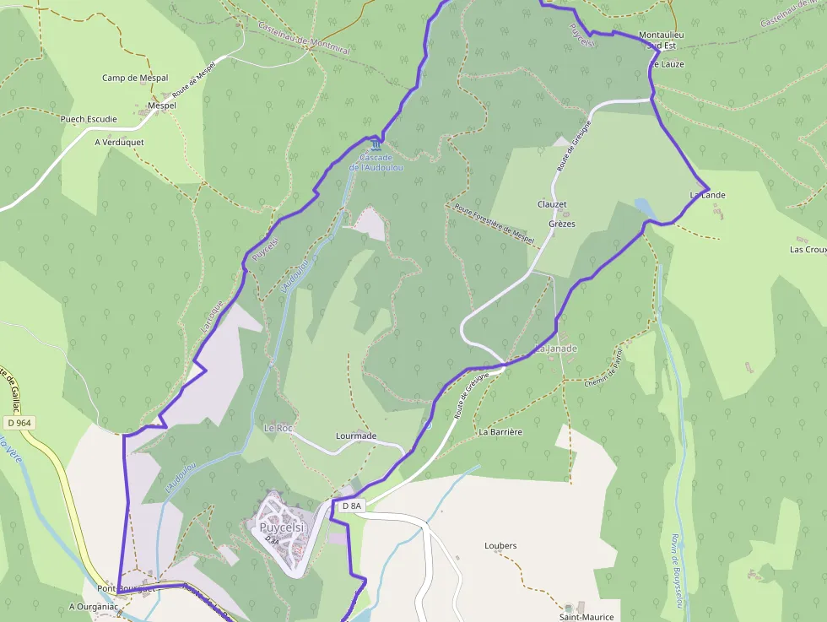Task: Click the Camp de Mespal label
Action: click(135, 78)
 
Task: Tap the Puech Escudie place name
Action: click(89, 119)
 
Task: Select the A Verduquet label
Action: click(119, 142)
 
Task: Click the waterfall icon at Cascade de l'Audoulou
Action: click(365, 146)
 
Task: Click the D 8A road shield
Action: click(351, 506)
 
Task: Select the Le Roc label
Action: click(278, 428)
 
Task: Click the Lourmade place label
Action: click(356, 435)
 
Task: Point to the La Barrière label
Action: click(500, 431)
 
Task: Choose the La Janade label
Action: click(556, 349)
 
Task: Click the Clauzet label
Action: click(552, 204)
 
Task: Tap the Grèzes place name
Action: click(562, 224)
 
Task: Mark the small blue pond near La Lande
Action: click(643, 206)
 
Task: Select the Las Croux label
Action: click(808, 249)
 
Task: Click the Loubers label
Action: click(500, 545)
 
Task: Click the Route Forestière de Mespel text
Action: click(495, 224)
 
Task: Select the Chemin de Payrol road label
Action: click(603, 368)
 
